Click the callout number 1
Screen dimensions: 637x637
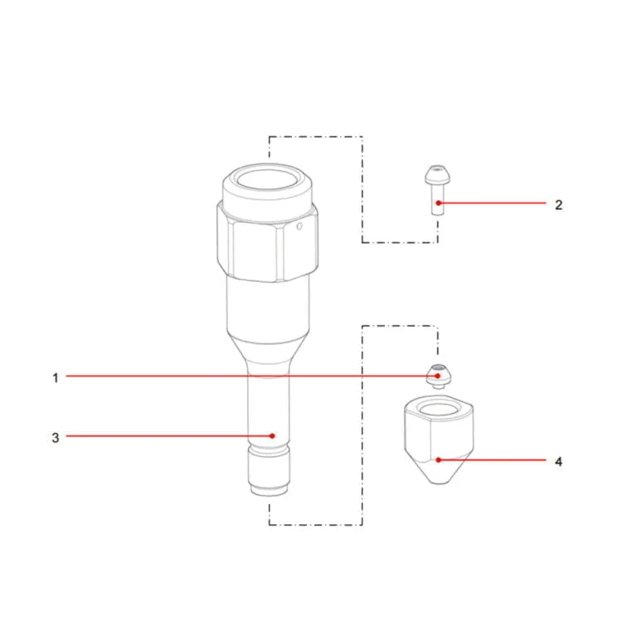pos(56,378)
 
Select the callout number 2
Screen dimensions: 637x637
pos(558,205)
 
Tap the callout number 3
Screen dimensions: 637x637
pos(56,438)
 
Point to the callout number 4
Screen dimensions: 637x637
pos(558,461)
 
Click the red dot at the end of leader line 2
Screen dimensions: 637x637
pos(438,202)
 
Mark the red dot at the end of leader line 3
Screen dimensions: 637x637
pos(273,436)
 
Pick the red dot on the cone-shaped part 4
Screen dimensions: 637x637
pos(438,460)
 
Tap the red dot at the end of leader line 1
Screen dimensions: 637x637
pos(438,376)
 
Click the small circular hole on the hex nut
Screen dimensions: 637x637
pos(299,226)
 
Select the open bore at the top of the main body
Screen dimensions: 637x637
pos(268,179)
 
